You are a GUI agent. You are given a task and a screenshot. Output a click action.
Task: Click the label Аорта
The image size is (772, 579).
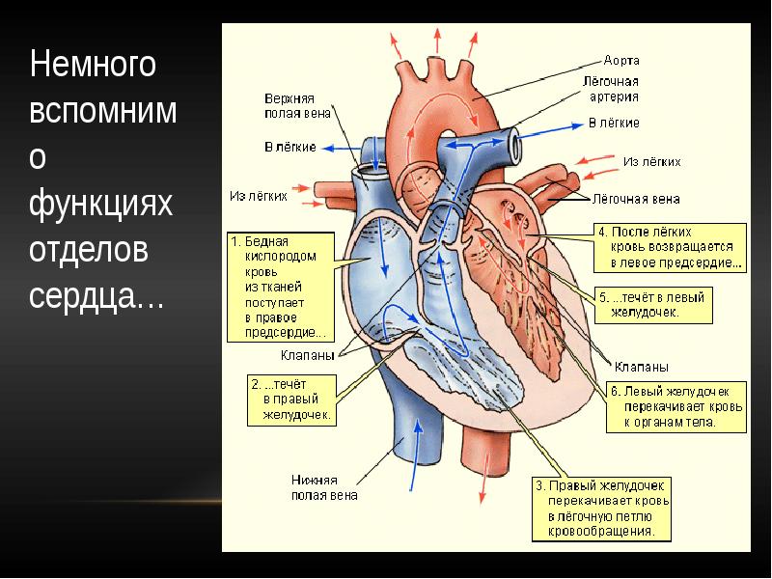click(621, 60)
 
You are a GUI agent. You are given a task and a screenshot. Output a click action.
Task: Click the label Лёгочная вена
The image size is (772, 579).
click(635, 200)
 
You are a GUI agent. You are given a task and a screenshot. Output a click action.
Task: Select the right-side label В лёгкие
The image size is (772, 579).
click(614, 124)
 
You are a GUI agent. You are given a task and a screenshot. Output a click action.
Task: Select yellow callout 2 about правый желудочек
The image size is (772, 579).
click(291, 399)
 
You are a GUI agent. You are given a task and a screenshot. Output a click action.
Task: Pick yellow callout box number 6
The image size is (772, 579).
click(675, 408)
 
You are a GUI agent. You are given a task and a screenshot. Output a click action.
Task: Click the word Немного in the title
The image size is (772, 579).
click(93, 66)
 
